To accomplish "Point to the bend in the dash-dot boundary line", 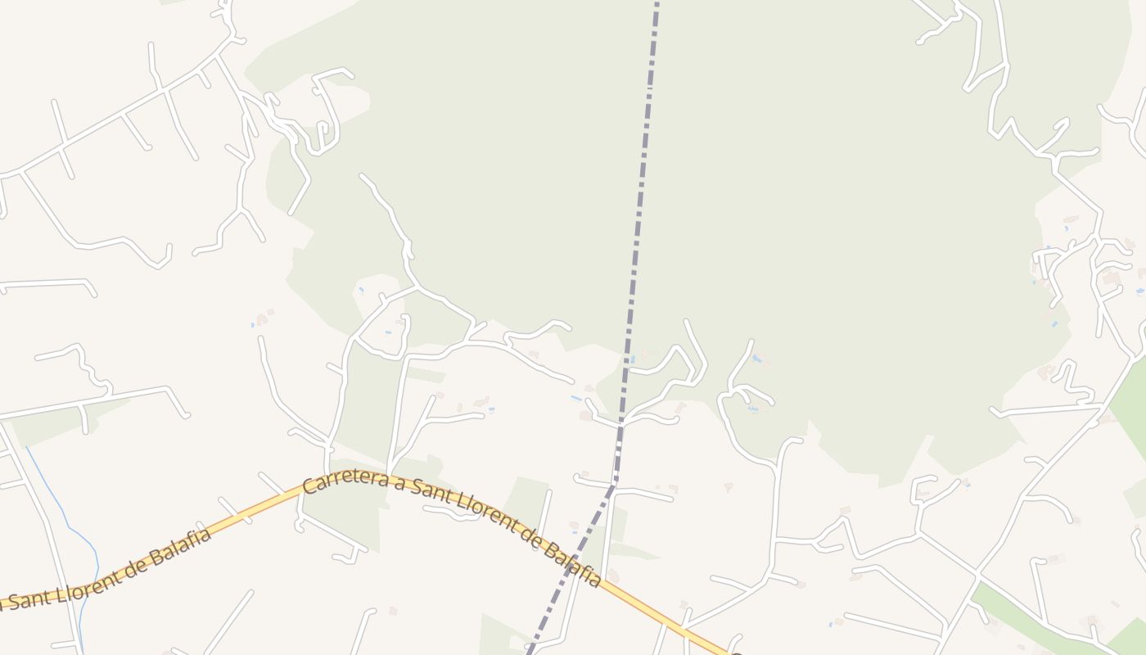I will pos(614,483).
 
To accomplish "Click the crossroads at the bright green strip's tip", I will pos(977,578).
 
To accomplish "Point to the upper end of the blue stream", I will pos(27,448).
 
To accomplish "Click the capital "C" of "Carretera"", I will pos(309,486).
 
